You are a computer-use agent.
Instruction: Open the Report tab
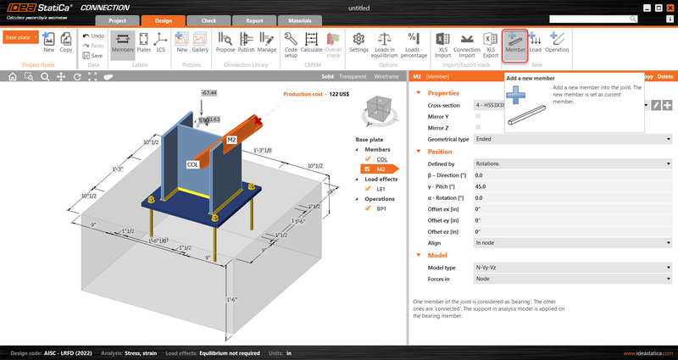pyautogui.click(x=253, y=20)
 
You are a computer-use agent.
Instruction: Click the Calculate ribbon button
pyautogui.click(x=311, y=42)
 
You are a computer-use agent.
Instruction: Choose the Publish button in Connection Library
pyautogui.click(x=247, y=42)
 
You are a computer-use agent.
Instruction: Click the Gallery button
pyautogui.click(x=200, y=42)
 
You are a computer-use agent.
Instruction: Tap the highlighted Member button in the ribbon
pyautogui.click(x=515, y=42)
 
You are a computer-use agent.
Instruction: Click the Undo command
pyautogui.click(x=93, y=36)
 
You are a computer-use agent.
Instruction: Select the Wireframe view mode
pyautogui.click(x=386, y=76)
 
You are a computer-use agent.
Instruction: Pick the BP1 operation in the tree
pyautogui.click(x=381, y=208)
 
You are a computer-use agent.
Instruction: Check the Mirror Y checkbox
pyautogui.click(x=478, y=115)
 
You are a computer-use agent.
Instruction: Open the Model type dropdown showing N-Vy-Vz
pyautogui.click(x=572, y=268)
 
